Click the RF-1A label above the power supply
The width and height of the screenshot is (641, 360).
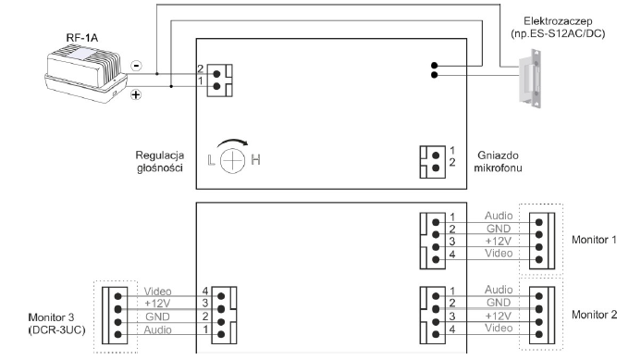coord(81,38)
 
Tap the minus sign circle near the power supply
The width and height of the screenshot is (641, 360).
coord(136,66)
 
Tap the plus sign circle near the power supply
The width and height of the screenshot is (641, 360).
coord(136,95)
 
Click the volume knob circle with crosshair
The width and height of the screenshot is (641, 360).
coord(232,160)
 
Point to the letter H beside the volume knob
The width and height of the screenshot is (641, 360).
coord(255,159)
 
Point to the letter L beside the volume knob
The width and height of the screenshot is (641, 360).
coord(211,160)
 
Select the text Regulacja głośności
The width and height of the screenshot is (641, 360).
coord(160,162)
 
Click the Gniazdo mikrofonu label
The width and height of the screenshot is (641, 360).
coord(498,162)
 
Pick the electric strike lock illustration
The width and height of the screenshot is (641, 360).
coord(530,79)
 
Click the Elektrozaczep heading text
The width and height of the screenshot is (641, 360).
coord(558,21)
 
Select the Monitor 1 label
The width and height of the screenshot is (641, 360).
coord(594,240)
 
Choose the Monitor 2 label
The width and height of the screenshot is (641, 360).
coord(594,315)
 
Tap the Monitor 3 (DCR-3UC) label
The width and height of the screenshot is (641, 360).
coord(56,324)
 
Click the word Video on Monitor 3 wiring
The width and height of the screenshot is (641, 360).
coord(158,292)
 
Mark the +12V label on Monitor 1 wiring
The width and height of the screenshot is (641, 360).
coord(499,241)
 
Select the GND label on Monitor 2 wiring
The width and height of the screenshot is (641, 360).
coord(499,303)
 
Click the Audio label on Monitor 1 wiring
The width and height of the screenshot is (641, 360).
coord(499,216)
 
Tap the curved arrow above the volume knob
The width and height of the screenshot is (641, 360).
coord(232,142)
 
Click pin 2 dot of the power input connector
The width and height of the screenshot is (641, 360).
coord(216,74)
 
